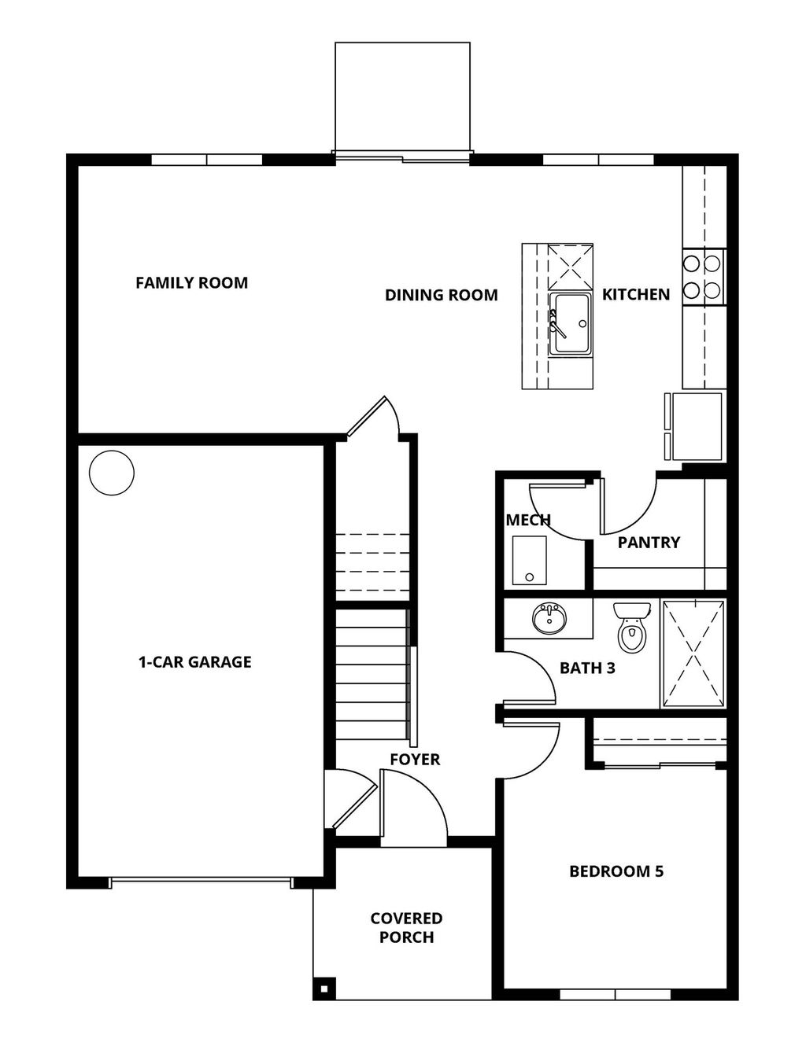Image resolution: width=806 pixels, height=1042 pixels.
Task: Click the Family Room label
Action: pos(191,282)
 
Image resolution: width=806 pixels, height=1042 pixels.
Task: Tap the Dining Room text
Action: pos(441,295)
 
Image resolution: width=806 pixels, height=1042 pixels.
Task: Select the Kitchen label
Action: pos(636,294)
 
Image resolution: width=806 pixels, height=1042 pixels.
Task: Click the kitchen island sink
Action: pos(570,323)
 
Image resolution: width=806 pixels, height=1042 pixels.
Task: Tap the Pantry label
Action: pos(649,542)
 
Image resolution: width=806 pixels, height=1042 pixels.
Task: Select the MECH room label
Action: pos(527,520)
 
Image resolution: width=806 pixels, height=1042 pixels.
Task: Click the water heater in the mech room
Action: pos(529,561)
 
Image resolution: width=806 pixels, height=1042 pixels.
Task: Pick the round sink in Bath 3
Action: pos(549,618)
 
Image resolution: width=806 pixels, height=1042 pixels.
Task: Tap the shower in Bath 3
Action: pos(693,653)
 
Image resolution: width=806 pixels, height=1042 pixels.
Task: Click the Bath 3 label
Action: pos(587,668)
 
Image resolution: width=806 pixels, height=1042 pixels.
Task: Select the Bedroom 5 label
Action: pos(616,871)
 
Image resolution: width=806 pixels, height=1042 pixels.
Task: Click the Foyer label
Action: pos(415,759)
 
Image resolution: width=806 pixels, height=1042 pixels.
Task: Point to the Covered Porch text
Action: pos(406,928)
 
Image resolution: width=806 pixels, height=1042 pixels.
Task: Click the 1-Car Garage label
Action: pos(195,662)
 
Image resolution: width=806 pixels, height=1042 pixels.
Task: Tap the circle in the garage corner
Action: pos(111,473)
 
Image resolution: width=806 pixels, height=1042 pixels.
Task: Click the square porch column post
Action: pos(323,988)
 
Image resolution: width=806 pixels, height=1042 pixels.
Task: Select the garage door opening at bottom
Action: pos(201,883)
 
